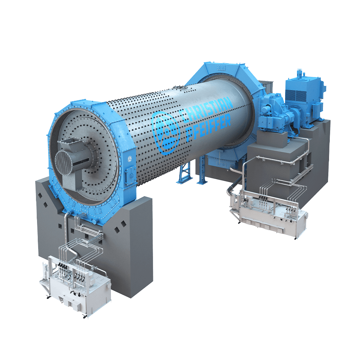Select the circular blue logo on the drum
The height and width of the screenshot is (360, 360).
pos(165,133)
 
